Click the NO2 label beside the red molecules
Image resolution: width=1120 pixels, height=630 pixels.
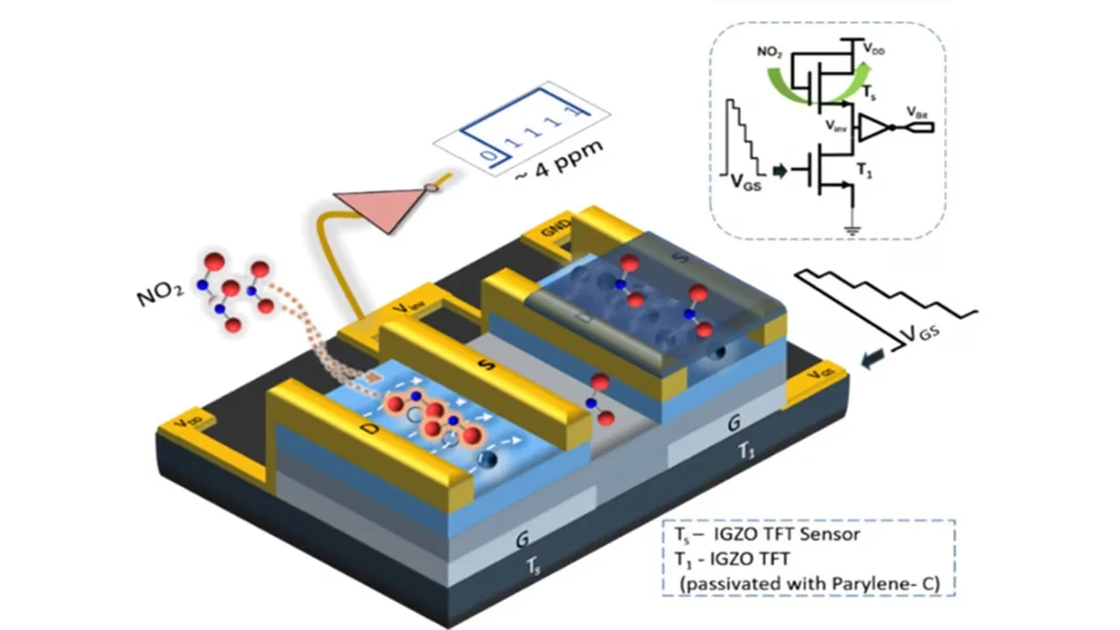160,292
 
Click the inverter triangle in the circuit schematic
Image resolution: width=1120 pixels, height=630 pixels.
874,128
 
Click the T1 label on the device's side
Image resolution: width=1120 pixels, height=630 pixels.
745,451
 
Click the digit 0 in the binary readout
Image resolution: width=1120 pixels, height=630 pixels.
491,157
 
